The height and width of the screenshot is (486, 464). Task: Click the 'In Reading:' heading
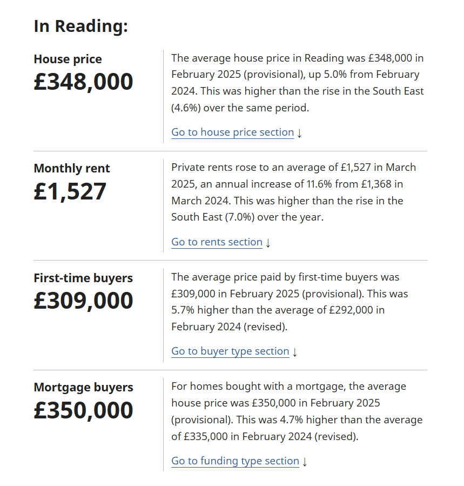click(80, 26)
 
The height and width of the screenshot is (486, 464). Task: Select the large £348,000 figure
click(83, 82)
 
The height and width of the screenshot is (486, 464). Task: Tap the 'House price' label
click(68, 59)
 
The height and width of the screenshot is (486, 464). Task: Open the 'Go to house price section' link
click(232, 132)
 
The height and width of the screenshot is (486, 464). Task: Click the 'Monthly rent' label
click(72, 169)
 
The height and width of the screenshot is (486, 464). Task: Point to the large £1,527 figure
click(70, 191)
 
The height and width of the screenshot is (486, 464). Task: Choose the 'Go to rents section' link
click(217, 242)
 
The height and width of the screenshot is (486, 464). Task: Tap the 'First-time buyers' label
click(83, 278)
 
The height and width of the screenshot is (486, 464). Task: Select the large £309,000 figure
click(83, 301)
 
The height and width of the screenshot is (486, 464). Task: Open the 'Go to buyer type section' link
click(230, 351)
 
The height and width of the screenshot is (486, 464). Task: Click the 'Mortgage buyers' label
click(83, 388)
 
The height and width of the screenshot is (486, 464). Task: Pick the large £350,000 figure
click(83, 410)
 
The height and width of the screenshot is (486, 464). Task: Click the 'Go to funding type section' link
click(235, 461)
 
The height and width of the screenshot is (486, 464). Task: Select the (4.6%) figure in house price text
click(186, 108)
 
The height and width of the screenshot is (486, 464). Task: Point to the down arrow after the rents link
click(268, 243)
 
